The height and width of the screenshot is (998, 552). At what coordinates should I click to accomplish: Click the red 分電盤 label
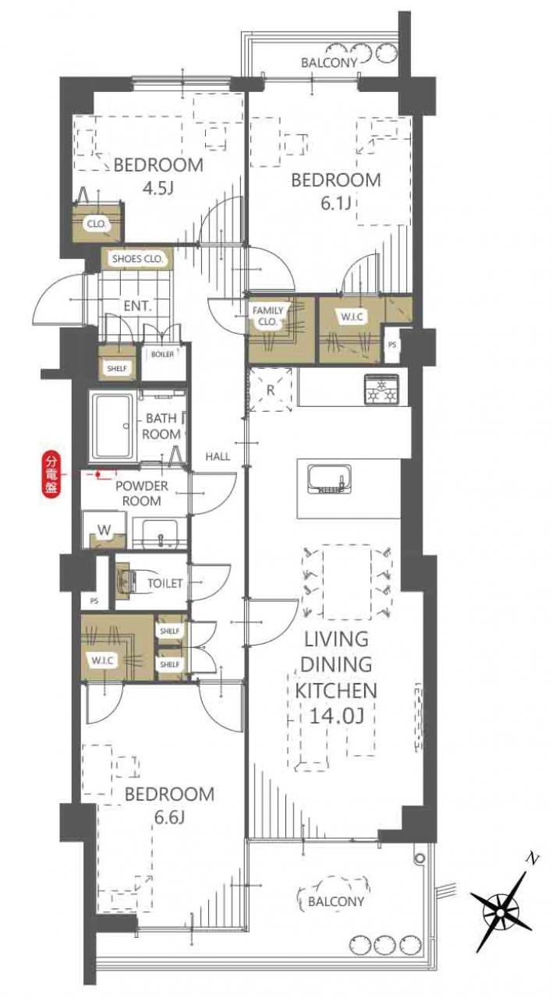point(51,475)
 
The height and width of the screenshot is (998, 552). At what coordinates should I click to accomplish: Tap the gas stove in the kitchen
point(381,389)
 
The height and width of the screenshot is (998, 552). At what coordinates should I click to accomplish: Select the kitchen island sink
point(330,479)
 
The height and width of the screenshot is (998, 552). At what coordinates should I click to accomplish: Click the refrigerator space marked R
point(270,390)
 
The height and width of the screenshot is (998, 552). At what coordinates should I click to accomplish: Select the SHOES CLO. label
point(137,259)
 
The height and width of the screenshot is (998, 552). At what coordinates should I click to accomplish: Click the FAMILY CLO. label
point(267,316)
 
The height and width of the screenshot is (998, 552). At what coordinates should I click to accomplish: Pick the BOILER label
point(163,354)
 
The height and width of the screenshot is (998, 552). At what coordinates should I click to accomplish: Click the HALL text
point(218,456)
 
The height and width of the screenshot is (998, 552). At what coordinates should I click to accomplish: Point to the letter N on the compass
point(531,858)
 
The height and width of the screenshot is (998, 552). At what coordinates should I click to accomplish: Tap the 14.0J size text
point(336,717)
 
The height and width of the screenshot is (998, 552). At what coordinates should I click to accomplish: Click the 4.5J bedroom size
point(157,189)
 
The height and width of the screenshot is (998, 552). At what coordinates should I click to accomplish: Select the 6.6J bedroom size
point(169,818)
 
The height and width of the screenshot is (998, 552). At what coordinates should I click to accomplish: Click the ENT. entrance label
point(138,306)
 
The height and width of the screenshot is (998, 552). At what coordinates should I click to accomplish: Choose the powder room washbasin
point(160,534)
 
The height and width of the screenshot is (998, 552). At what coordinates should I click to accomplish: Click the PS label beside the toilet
point(94,600)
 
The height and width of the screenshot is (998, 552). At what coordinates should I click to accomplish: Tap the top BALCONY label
point(329,63)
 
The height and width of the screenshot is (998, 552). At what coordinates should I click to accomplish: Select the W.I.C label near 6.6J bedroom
point(102,660)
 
